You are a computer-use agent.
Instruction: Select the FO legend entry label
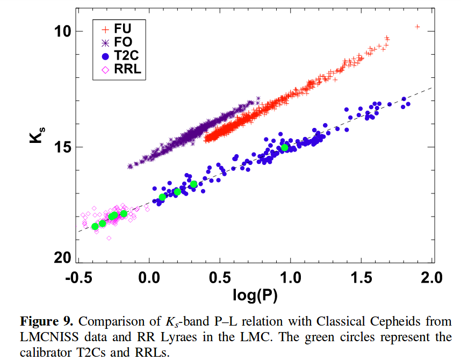pyautogui.click(x=123, y=42)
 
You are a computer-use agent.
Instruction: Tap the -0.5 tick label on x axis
pyautogui.click(x=77, y=278)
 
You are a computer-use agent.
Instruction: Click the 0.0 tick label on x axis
pyautogui.click(x=149, y=278)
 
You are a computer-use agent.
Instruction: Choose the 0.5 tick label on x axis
pyautogui.click(x=220, y=278)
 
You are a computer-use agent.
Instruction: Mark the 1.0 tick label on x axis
pyautogui.click(x=291, y=278)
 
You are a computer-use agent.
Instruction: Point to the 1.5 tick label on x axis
pyautogui.click(x=362, y=278)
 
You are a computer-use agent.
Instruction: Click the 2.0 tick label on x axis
pyautogui.click(x=432, y=278)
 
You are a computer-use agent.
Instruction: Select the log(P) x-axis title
pyautogui.click(x=255, y=295)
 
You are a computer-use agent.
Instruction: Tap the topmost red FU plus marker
pyautogui.click(x=417, y=26)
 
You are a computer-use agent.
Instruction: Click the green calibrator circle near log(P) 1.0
pyautogui.click(x=285, y=148)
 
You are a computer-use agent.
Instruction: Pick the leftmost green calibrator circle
pyautogui.click(x=95, y=226)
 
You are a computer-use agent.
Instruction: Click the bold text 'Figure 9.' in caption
pyautogui.click(x=46, y=322)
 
